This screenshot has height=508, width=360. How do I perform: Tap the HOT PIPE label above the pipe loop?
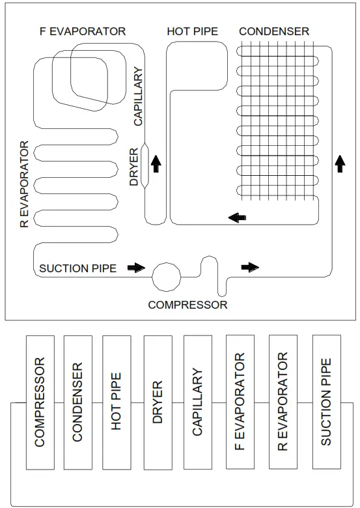point(192,31)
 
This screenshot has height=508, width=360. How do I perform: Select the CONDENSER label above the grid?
point(274,31)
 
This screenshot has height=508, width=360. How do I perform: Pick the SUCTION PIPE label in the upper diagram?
point(79,268)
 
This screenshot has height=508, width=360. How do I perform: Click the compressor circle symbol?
point(166,277)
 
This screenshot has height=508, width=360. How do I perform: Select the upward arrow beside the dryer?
point(155,162)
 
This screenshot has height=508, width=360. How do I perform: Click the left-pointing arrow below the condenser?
point(237,217)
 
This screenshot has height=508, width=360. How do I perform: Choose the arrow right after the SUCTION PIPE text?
point(136,268)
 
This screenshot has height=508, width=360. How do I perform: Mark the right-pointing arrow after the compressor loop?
point(249,267)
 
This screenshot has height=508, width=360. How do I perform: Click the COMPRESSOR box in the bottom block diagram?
point(40,402)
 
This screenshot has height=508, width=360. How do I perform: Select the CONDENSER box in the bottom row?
point(77,402)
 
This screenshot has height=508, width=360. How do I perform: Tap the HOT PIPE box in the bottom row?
point(117,402)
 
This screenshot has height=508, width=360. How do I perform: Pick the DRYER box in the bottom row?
point(158,402)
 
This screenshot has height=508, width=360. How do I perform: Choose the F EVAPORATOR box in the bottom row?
point(240,402)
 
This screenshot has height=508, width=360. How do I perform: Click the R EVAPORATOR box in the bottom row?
point(283,402)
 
